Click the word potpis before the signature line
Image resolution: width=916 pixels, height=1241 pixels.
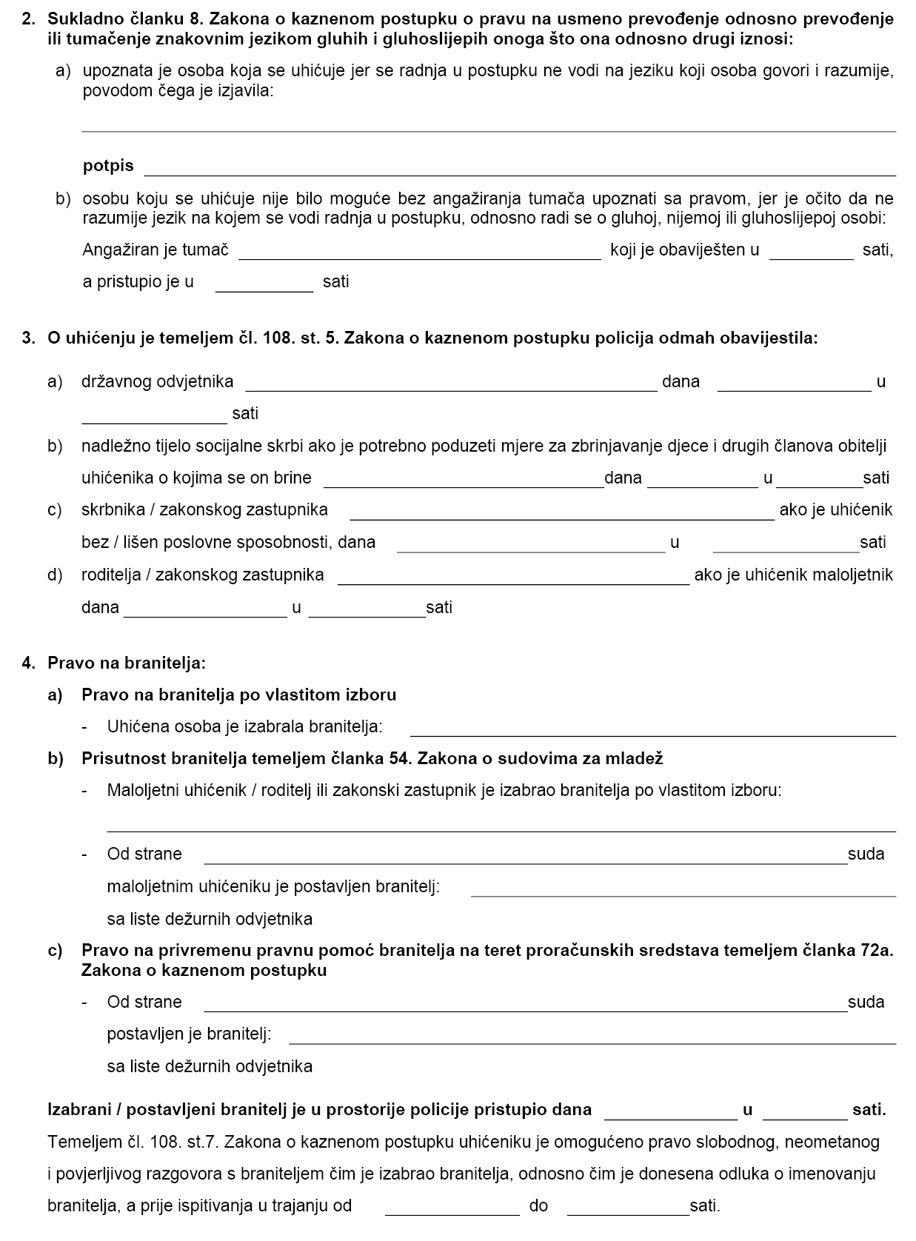point(108,166)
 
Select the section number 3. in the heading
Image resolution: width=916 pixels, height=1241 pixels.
point(29,338)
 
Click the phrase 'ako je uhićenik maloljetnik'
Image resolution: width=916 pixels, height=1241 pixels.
point(793,575)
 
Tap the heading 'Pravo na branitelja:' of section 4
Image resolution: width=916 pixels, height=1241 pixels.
point(127,663)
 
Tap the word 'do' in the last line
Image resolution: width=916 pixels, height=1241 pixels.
point(538,1205)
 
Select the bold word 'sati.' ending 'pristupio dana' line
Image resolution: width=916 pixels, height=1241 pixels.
point(869,1109)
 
